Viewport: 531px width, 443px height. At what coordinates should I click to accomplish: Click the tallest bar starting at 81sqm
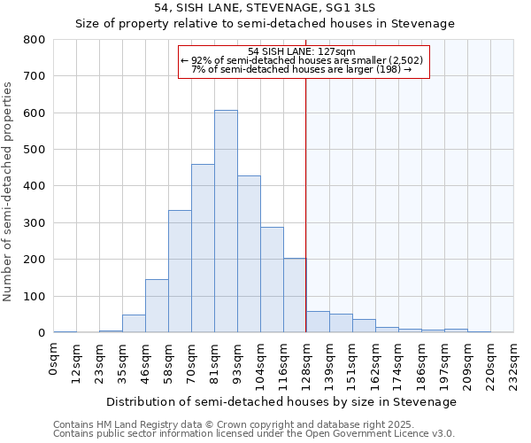[226, 221]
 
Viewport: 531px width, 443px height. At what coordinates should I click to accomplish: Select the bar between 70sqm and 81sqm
[203, 248]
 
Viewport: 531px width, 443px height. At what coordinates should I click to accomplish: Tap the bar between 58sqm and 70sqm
[180, 271]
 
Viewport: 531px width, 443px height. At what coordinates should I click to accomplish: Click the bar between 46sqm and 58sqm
[157, 306]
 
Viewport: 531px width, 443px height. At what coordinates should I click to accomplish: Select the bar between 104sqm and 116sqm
[272, 280]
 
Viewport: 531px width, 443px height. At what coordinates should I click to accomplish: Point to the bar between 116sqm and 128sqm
[295, 295]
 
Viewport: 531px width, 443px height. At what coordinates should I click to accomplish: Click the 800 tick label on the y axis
[35, 40]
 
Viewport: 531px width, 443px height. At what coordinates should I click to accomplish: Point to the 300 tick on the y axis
[35, 223]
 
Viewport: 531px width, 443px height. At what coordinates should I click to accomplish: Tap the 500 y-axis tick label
[35, 150]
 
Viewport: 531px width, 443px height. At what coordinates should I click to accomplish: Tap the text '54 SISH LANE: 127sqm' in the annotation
[302, 51]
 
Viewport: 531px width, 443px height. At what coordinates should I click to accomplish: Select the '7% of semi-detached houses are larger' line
[302, 69]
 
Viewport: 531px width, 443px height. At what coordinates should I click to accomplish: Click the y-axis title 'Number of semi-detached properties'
[9, 190]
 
